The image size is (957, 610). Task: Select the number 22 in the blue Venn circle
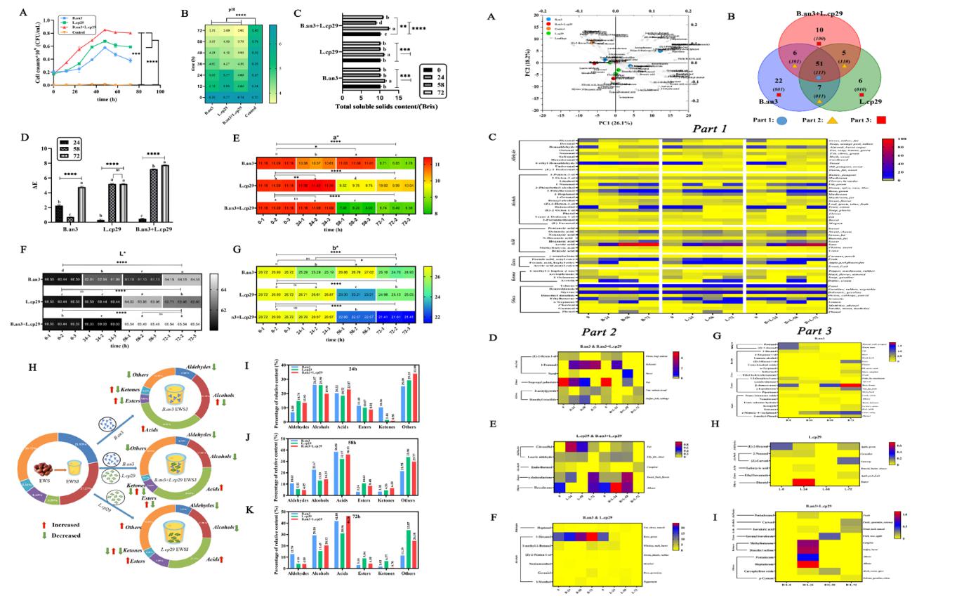(x=763, y=82)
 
